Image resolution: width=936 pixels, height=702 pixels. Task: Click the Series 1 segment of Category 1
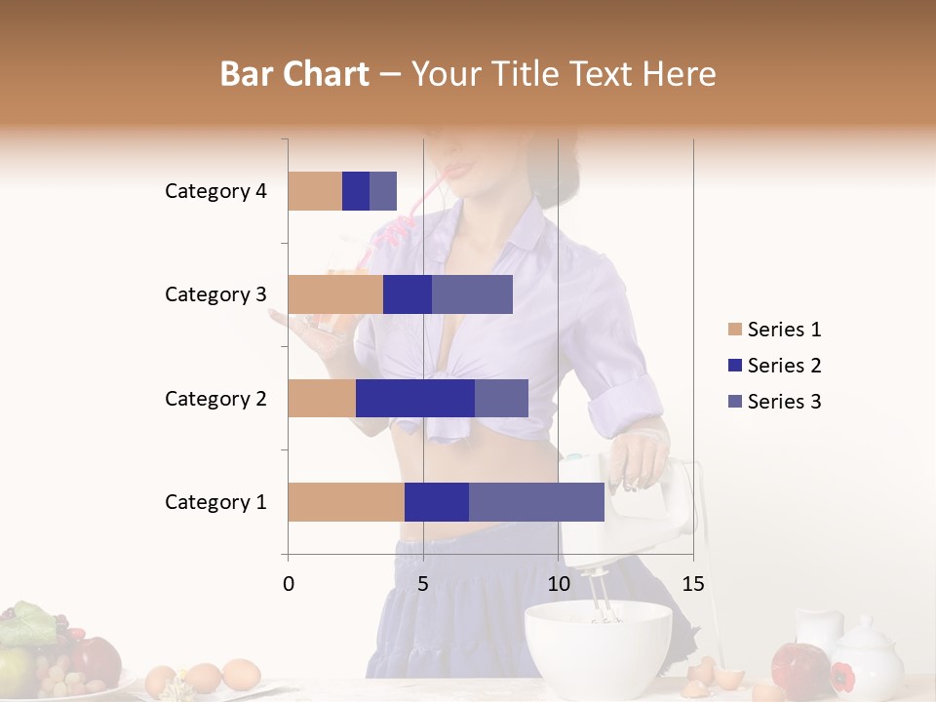point(346,502)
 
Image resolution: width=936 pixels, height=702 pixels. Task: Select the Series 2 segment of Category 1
point(437,502)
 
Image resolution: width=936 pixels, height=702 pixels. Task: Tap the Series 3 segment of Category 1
point(536,502)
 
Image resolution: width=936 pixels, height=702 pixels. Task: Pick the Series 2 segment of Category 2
point(415,398)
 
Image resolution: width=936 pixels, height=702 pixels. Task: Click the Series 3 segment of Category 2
point(501,398)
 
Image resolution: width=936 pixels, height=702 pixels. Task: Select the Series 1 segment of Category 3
point(335,294)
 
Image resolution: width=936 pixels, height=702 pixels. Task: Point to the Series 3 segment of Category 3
point(472,294)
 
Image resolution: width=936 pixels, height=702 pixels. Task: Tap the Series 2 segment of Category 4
point(356,191)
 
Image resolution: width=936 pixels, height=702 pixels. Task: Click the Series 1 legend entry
point(774,330)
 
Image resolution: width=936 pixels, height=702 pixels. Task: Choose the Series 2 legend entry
point(774,366)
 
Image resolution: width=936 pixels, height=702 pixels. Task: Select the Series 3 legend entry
point(774,402)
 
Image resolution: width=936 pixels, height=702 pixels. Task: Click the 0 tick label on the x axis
point(289,584)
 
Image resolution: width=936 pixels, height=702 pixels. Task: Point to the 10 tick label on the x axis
point(558,584)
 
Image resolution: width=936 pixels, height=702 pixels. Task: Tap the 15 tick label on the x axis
point(693,584)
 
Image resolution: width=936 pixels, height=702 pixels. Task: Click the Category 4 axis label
point(215,191)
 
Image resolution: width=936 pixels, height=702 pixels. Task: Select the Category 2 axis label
point(215,398)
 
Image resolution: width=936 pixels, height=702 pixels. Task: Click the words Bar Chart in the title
point(294,74)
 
